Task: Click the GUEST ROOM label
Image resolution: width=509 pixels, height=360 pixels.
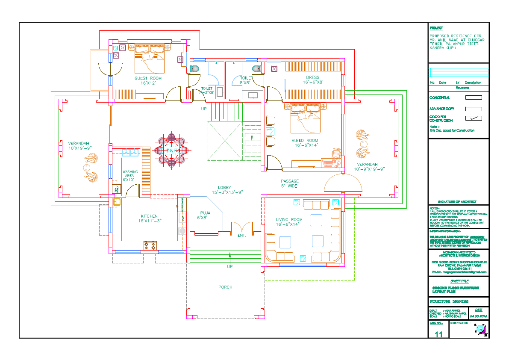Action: click(x=148, y=78)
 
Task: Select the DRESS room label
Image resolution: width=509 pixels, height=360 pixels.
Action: click(x=313, y=78)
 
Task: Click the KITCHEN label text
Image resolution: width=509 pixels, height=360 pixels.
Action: click(x=149, y=216)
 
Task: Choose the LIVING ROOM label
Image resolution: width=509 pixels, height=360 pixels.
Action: click(x=289, y=220)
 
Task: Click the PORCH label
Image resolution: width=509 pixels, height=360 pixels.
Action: click(x=225, y=287)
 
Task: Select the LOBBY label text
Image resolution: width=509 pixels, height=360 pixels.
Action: click(x=224, y=188)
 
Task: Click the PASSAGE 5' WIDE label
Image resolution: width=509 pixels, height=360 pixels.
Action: click(x=289, y=181)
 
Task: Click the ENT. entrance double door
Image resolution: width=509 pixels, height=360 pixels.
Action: click(x=241, y=228)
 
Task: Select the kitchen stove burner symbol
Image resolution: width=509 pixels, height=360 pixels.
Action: click(x=150, y=245)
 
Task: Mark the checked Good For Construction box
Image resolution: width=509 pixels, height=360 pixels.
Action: click(x=473, y=118)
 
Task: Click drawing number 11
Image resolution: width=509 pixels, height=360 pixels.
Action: click(x=438, y=334)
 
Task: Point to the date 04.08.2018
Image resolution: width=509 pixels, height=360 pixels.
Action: click(x=479, y=316)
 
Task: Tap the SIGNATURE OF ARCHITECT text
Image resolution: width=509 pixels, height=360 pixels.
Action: click(x=457, y=202)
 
